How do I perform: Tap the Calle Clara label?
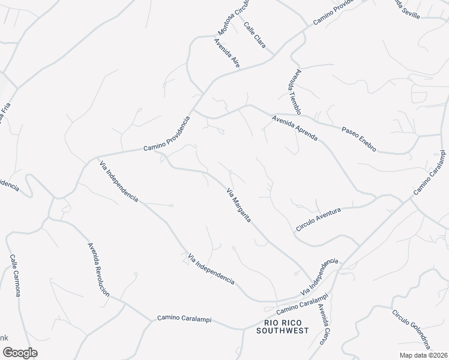255,35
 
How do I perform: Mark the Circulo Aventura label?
318,219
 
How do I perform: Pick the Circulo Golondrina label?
411,329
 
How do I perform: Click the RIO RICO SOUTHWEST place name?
282,326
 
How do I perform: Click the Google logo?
20,352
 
